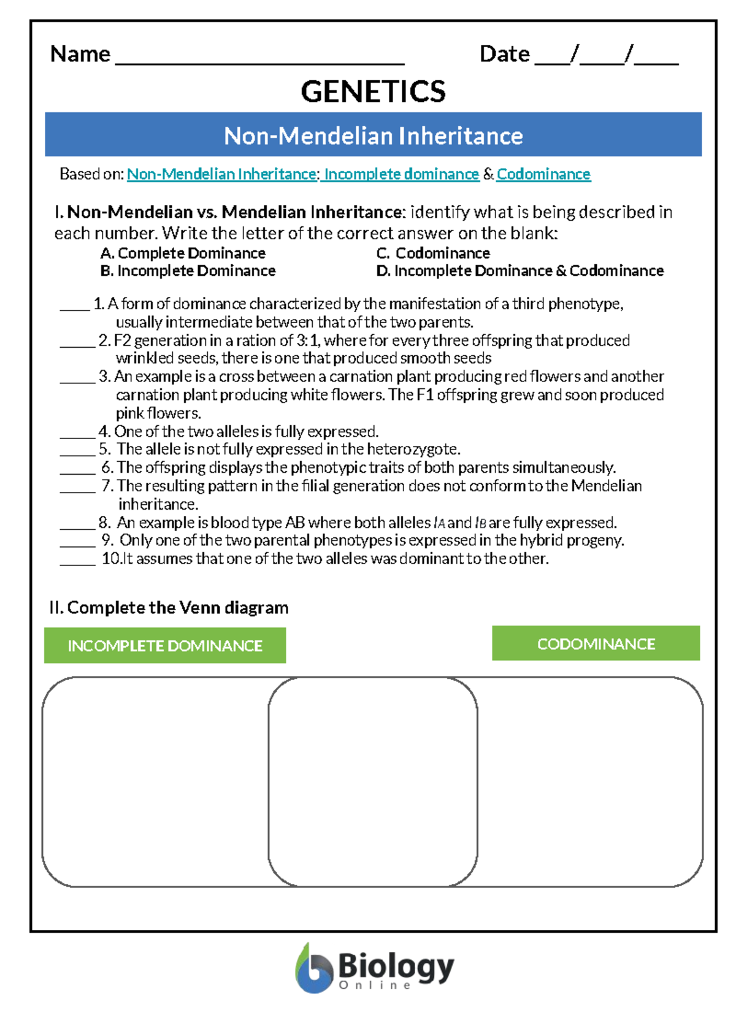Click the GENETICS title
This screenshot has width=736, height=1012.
pyautogui.click(x=373, y=92)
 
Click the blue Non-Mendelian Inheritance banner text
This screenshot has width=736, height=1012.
pyautogui.click(x=373, y=136)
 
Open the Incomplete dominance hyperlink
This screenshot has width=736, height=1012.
pyautogui.click(x=401, y=174)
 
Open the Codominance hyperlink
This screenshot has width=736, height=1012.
pyautogui.click(x=543, y=174)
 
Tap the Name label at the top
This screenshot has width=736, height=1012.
pyautogui.click(x=80, y=54)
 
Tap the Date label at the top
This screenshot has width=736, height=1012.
pyautogui.click(x=504, y=54)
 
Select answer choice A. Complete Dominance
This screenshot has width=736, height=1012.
pyautogui.click(x=183, y=253)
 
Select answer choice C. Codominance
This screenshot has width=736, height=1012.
pyautogui.click(x=433, y=253)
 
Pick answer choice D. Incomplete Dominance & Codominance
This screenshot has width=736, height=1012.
pyautogui.click(x=520, y=271)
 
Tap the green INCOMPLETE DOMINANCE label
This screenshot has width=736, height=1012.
pyautogui.click(x=165, y=646)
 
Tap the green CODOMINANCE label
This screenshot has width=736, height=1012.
pyautogui.click(x=596, y=644)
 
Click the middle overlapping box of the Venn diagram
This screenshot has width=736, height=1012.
pyautogui.click(x=373, y=782)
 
